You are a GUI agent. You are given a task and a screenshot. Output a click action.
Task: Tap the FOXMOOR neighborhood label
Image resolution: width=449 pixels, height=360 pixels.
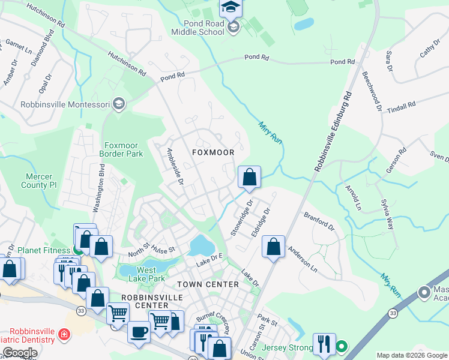coord(213,152)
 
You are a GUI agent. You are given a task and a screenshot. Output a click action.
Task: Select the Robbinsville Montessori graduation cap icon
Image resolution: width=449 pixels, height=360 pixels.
coord(119,104)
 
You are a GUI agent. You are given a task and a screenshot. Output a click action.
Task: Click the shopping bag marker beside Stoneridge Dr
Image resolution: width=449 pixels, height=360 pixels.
coord(249,178)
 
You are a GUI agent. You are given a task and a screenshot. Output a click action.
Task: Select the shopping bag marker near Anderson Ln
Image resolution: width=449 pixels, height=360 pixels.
coord(273,247)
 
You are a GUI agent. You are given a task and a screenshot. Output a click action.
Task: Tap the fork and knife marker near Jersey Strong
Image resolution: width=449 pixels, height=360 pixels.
coord(322,344)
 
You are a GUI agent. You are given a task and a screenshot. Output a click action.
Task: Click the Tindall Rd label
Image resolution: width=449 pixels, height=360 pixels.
coord(401,106)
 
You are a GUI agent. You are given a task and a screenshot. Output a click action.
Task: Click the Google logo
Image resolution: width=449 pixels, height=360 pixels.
coord(19,352)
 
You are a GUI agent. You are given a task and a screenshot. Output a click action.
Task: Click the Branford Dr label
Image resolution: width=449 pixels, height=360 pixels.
coord(318,220)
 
